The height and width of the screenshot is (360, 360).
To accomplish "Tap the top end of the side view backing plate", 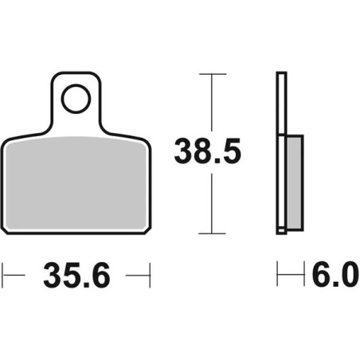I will point(280,75).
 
